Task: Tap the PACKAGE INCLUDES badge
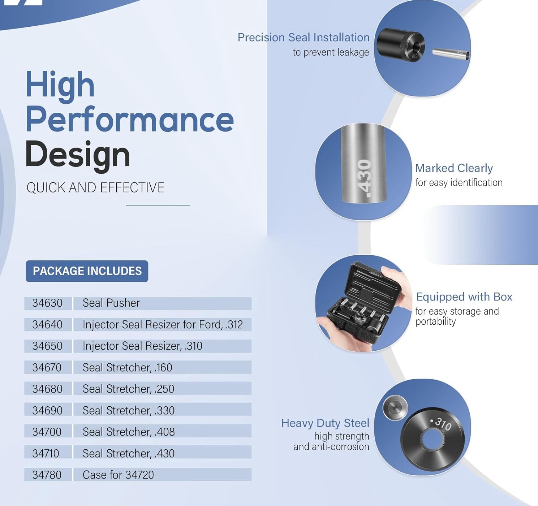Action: tap(87, 271)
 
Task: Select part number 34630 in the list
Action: tap(47, 303)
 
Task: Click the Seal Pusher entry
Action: tap(111, 303)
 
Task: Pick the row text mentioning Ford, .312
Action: tap(163, 324)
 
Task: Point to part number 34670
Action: tap(47, 368)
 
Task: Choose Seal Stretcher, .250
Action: tap(128, 389)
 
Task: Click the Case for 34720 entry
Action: tap(118, 475)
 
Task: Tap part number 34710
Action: tap(46, 454)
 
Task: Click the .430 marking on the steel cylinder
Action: tap(364, 178)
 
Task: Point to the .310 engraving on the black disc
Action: tap(441, 424)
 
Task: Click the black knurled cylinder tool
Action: tap(401, 45)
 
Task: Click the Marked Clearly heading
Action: tap(454, 168)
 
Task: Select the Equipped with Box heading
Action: tap(464, 297)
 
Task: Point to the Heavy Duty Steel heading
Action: tap(325, 423)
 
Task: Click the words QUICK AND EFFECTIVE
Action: tap(95, 187)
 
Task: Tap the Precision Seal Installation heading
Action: tap(304, 38)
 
